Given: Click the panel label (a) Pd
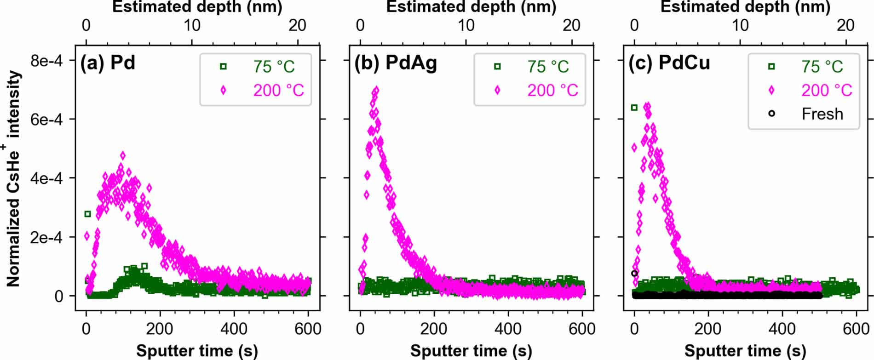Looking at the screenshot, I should (108, 63).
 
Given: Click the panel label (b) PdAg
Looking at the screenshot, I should (395, 63).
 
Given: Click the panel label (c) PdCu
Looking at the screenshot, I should (669, 63).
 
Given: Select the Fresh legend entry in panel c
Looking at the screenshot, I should (822, 114).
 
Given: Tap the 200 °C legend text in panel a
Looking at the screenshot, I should (278, 90).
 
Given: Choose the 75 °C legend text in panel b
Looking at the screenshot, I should (548, 67).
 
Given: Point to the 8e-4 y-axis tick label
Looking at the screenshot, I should (46, 61).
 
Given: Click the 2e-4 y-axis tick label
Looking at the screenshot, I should (46, 237).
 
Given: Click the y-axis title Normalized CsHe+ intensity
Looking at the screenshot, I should (13, 179).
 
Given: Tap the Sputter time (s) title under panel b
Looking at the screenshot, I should (471, 351).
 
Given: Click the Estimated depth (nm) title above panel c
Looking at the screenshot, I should (745, 7).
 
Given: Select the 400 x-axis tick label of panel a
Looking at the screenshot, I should (234, 329).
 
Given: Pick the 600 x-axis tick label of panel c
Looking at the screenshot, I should (856, 329).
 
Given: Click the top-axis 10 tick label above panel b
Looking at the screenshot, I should (466, 25).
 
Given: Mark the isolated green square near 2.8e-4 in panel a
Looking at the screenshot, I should (87, 214).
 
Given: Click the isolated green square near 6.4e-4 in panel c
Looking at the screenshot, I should (634, 108).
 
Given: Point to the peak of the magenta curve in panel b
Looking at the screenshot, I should (376, 90).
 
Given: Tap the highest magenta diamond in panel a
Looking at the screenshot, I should (122, 155).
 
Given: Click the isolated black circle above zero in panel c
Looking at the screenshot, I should (634, 273).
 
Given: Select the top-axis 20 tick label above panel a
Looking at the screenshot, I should (298, 25).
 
